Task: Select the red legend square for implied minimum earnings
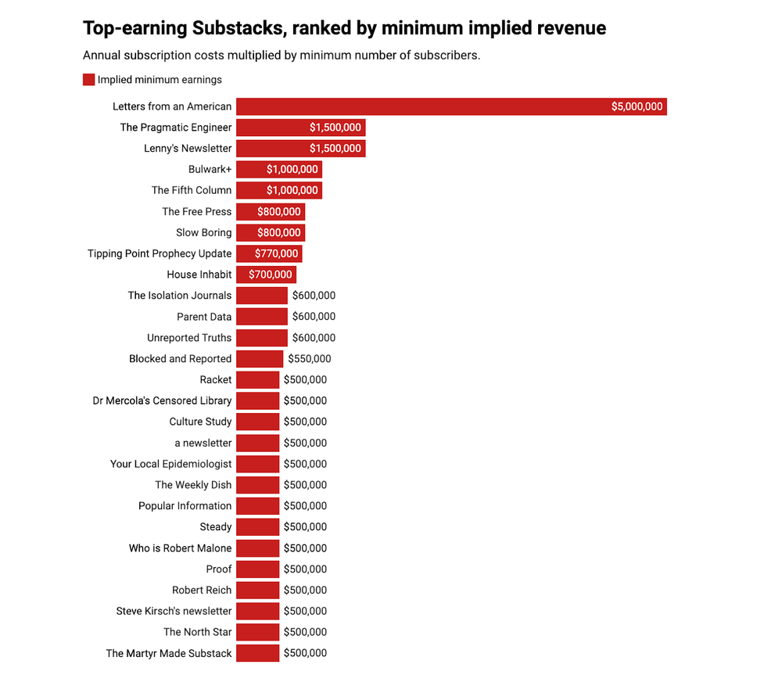(88, 80)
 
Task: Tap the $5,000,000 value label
(637, 106)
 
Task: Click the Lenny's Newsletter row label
(188, 149)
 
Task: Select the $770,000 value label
(277, 253)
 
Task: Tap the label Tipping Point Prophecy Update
(160, 253)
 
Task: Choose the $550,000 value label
(310, 359)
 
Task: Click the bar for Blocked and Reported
(260, 359)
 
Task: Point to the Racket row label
(216, 380)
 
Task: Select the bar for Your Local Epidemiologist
(257, 464)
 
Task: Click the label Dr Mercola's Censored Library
(162, 401)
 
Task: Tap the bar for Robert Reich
(257, 591)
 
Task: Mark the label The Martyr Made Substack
(169, 653)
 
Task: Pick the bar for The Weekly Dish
(257, 485)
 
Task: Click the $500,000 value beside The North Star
(305, 632)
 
